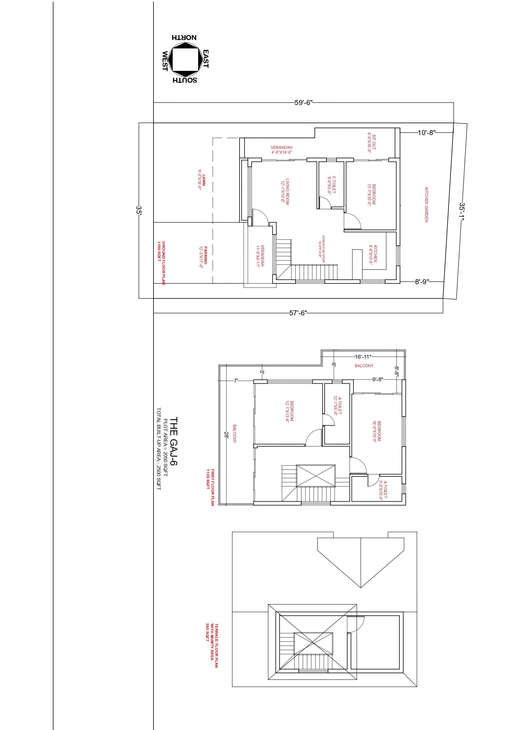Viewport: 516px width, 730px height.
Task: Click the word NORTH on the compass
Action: pyautogui.click(x=184, y=38)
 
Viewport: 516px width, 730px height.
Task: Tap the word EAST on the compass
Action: pyautogui.click(x=206, y=59)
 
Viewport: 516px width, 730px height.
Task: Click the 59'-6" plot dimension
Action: pyautogui.click(x=303, y=103)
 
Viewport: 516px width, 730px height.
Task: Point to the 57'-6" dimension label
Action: pyautogui.click(x=298, y=313)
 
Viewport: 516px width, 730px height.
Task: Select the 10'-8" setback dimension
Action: pyautogui.click(x=426, y=133)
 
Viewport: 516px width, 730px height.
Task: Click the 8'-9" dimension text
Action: pyautogui.click(x=422, y=282)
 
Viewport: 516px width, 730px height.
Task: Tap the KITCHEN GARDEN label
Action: pyautogui.click(x=426, y=205)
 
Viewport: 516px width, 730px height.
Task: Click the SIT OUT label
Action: pyautogui.click(x=374, y=142)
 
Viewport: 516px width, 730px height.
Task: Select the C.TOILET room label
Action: pyautogui.click(x=334, y=185)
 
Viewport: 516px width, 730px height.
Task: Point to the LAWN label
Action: pyautogui.click(x=204, y=180)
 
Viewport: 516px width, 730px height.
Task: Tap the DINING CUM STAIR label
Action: pyautogui.click(x=323, y=249)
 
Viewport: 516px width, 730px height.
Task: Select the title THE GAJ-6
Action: pyautogui.click(x=173, y=441)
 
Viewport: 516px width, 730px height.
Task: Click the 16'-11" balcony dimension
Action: pyautogui.click(x=363, y=357)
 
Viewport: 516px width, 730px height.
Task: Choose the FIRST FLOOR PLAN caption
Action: pyautogui.click(x=213, y=487)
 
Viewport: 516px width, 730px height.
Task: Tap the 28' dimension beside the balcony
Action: pyautogui.click(x=226, y=435)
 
